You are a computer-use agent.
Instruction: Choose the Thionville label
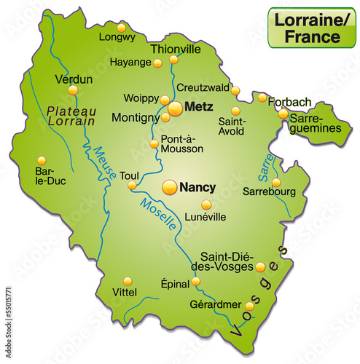point(175,49)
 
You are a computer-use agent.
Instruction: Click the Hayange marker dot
point(157,63)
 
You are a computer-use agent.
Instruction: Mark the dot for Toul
point(132,186)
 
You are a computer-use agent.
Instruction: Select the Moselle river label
point(159,216)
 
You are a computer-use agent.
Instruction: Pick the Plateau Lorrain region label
point(71,116)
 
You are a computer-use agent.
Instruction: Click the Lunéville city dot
point(206,205)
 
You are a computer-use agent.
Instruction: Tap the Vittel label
point(125,293)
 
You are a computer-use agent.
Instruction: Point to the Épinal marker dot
point(195,282)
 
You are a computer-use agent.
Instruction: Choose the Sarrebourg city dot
point(276,183)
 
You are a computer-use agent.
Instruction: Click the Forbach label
point(289,101)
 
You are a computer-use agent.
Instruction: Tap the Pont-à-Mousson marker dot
point(154,144)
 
